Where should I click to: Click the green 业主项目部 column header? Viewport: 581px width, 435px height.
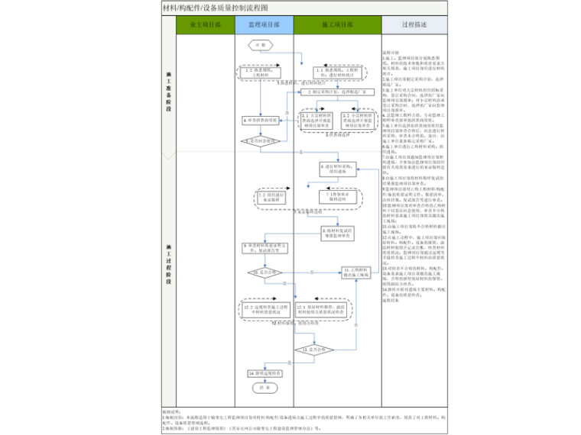205,24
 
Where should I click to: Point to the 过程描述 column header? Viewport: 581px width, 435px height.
414,24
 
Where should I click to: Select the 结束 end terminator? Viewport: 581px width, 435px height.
264,386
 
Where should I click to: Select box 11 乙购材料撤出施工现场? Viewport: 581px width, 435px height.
356,272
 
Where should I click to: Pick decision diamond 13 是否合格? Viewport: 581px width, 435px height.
316,350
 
